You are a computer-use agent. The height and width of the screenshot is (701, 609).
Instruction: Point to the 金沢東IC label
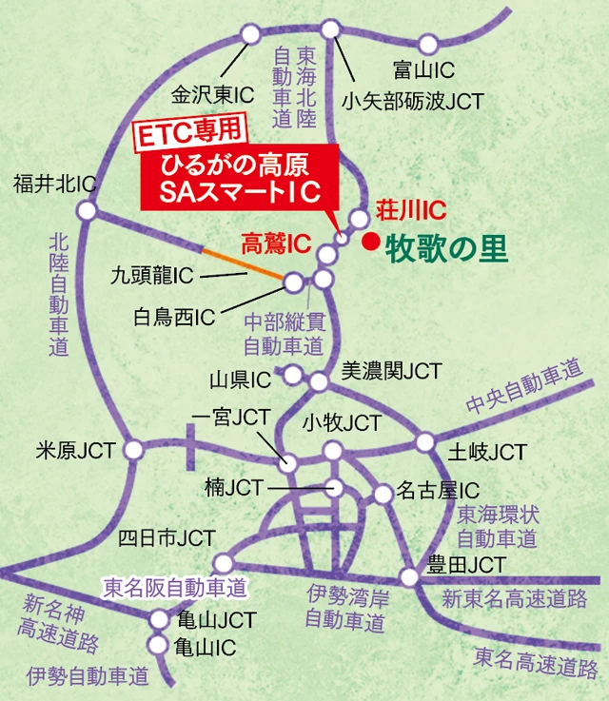coord(212,95)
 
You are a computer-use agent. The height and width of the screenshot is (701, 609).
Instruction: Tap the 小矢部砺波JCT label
coord(412,100)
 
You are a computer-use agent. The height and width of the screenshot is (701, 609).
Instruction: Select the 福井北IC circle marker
coord(87,210)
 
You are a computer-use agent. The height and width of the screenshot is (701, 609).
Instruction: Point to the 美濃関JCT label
coord(391,371)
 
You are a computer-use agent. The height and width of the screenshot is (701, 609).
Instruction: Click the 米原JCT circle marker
coord(135,447)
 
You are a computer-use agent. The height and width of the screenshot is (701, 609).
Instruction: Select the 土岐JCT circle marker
coord(423,442)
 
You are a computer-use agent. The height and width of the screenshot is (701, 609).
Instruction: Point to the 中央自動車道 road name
coord(523,389)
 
